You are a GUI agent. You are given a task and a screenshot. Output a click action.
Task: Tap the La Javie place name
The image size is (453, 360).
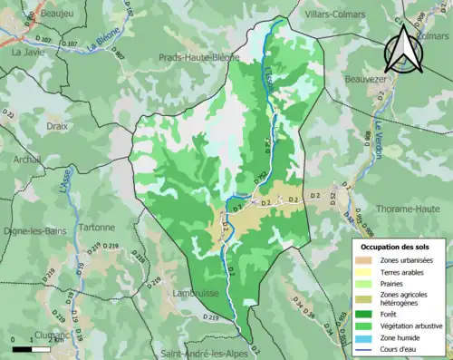(x=28, y=53)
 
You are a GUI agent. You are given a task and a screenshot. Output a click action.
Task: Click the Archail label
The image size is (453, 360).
(x=27, y=159)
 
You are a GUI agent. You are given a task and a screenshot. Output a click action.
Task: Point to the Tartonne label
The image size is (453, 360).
(x=95, y=228)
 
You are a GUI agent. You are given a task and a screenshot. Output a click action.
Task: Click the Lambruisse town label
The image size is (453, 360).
(x=191, y=294)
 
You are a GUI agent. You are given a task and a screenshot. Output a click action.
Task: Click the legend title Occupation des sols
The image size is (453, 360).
(x=398, y=246)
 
